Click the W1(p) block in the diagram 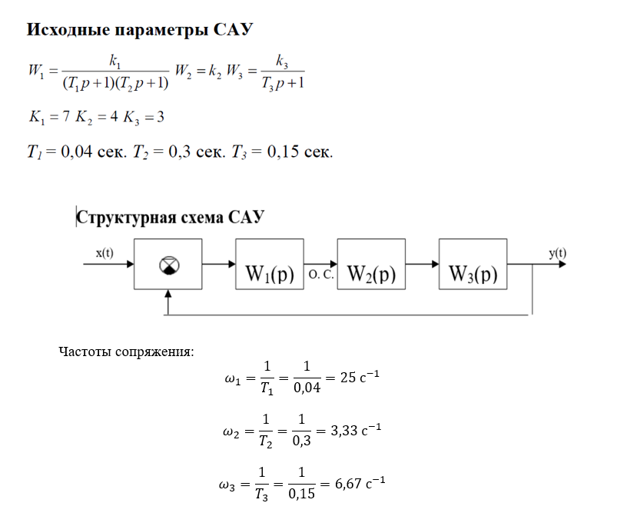pos(270,275)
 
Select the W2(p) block pos(371,275)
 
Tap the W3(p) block pos(473,275)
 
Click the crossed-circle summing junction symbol pos(168,265)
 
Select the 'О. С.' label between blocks pos(320,275)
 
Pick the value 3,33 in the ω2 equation pos(345,431)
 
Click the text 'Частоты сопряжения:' pos(126,352)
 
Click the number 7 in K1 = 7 pos(68,117)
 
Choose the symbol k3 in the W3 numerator pos(281,62)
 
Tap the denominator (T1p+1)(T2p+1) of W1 pos(114,82)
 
